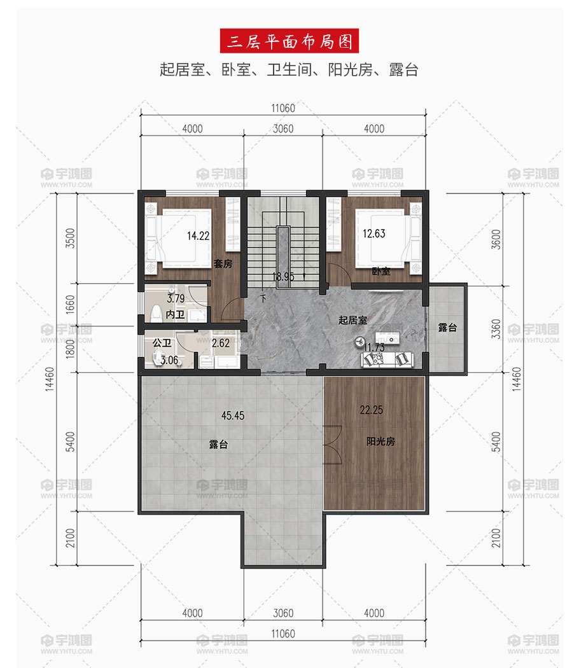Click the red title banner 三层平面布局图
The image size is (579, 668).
289,41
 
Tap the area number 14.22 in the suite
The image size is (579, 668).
198,235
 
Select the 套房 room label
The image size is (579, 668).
223,264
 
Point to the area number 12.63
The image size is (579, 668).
373,233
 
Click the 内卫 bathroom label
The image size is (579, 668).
175,314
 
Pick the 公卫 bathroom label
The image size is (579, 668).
162,343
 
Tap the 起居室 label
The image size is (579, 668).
352,320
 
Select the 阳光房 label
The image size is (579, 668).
380,442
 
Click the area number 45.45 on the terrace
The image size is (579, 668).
233,415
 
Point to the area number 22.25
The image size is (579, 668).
371,410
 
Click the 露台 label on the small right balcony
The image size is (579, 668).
447,327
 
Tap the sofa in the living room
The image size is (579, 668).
387,359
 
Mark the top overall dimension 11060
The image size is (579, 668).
283,108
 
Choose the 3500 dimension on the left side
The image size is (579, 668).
70,238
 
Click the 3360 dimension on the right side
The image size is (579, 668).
496,329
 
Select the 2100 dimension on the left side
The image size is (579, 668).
70,538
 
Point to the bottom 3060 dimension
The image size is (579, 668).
283,613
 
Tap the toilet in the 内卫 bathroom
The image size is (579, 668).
156,313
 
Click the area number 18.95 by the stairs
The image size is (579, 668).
283,277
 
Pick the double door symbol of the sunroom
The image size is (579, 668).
333,444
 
